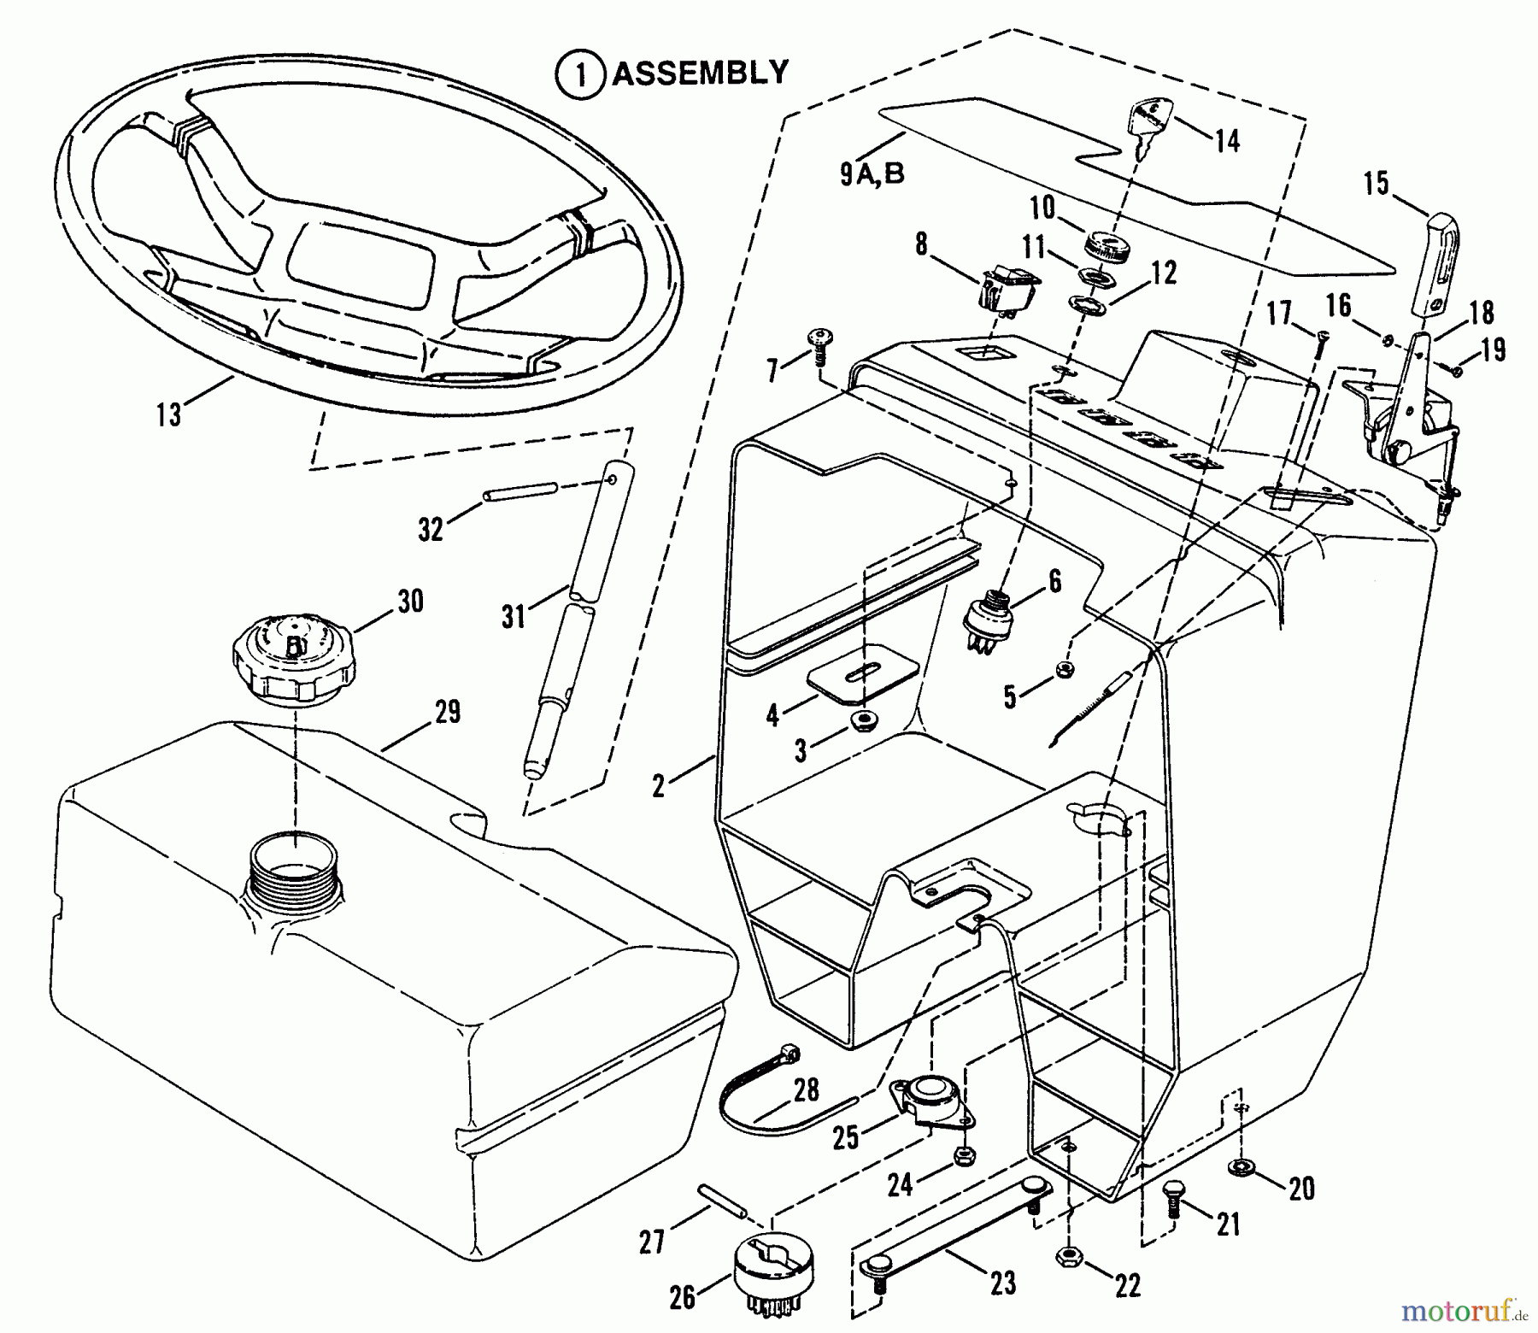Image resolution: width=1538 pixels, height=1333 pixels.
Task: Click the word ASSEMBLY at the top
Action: [x=701, y=73]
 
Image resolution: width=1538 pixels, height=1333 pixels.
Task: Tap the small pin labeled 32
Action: [x=521, y=491]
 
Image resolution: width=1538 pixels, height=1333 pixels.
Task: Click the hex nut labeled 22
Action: [x=1068, y=1256]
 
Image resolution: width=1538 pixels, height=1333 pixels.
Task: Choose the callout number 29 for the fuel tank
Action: [x=447, y=711]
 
